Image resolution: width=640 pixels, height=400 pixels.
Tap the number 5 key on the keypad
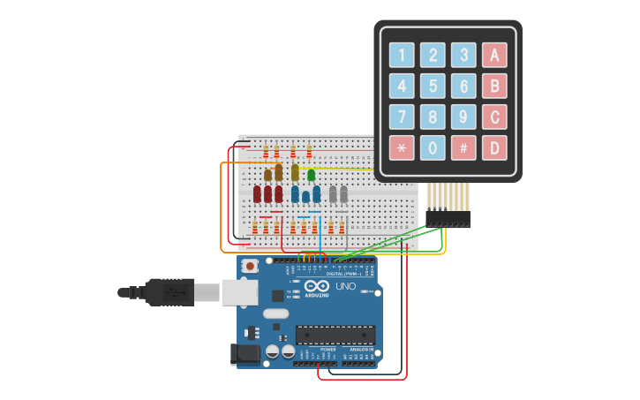coord(433,86)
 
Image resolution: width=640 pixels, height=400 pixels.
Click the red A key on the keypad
coord(494,56)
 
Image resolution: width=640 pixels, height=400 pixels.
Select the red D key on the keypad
coord(494,147)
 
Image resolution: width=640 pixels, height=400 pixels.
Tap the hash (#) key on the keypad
coord(463,147)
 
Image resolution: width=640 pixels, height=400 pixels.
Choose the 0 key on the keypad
coord(433,147)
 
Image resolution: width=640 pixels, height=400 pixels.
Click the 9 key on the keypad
coord(463,117)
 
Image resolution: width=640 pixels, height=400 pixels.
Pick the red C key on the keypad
coord(494,117)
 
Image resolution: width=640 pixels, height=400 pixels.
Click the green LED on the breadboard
coord(311,175)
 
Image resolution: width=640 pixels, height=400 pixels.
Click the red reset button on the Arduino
coord(251,266)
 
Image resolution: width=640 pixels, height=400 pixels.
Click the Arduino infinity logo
coord(316,286)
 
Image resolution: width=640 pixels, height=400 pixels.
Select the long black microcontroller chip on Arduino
coord(335,335)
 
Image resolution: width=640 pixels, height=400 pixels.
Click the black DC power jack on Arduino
coord(245,354)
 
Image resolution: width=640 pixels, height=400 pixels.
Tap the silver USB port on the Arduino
coord(238,292)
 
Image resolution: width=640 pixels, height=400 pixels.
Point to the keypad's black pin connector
coord(448,218)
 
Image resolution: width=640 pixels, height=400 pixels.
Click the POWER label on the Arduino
coord(328,349)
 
